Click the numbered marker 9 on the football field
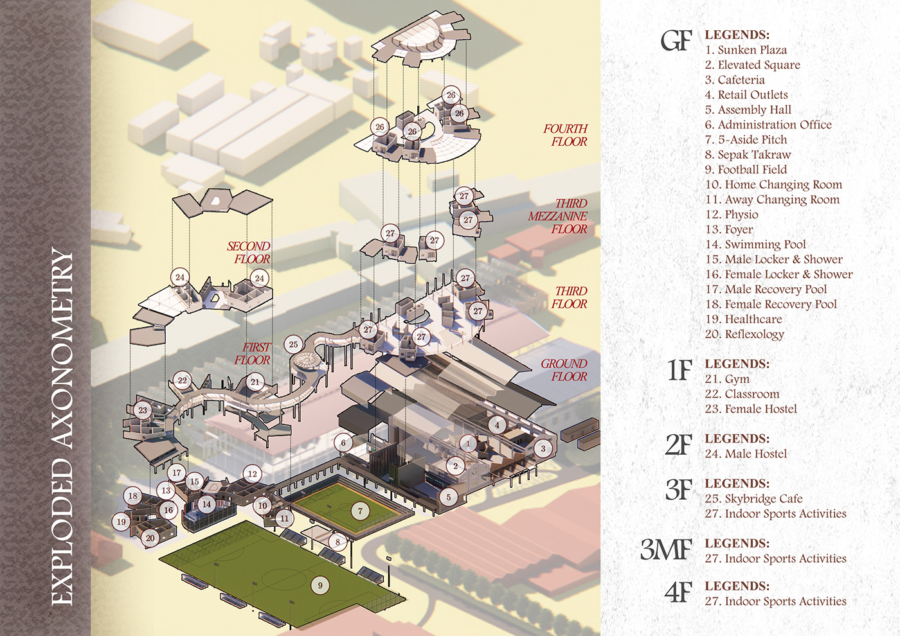click(320, 585)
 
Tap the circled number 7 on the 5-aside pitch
click(360, 511)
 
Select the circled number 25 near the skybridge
click(293, 344)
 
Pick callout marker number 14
click(206, 504)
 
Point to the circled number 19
click(122, 522)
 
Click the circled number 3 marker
click(543, 448)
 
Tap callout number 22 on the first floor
click(183, 380)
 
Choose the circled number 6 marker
click(343, 443)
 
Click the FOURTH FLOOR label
click(566, 136)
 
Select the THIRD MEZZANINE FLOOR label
click(558, 216)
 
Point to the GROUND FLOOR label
click(564, 370)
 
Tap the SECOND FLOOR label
click(249, 252)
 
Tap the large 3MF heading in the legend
click(666, 550)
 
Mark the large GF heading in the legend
click(676, 42)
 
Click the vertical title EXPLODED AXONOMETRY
click(62, 427)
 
